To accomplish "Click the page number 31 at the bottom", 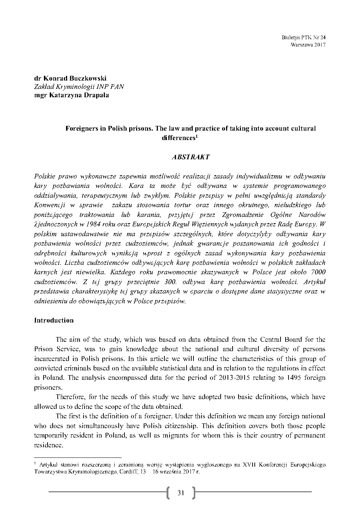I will point(181,492).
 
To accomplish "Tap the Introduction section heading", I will point(54,320).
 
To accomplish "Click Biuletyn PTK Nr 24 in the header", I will point(303,37).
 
